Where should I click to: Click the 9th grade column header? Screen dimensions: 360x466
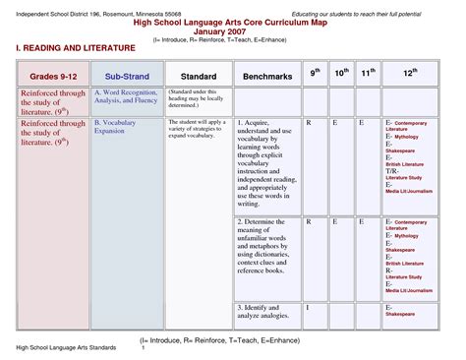[x=316, y=73]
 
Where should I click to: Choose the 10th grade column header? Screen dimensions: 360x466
[x=341, y=73]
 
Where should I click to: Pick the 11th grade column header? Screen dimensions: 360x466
[x=367, y=73]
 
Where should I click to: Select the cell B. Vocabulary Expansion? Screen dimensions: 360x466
[x=116, y=125]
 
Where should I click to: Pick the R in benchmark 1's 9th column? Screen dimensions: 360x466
[x=309, y=122]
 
